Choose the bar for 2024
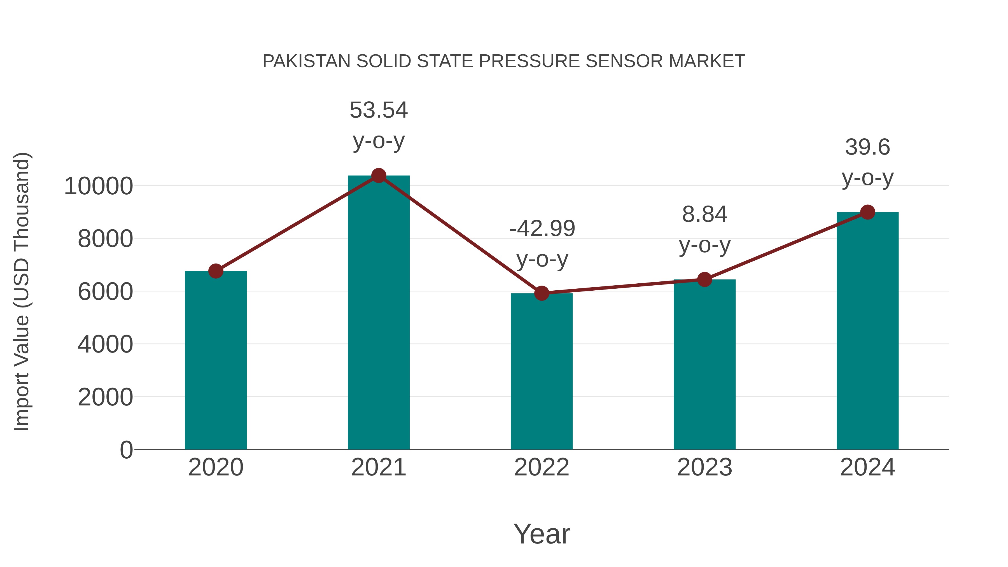[867, 333]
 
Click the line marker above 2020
[216, 271]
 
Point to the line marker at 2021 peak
[378, 176]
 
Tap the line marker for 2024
[867, 212]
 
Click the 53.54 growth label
[378, 110]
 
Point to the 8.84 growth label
[704, 214]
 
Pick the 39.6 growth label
[867, 148]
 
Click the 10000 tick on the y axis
[98, 186]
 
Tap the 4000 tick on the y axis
[105, 344]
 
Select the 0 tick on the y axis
[126, 450]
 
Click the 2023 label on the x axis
[704, 467]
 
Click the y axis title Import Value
[22, 291]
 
